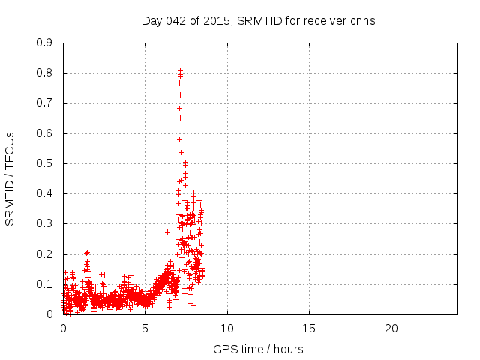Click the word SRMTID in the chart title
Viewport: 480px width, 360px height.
pos(257,21)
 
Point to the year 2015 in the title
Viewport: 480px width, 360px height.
pos(217,21)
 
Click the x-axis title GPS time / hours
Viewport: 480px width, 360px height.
pos(258,349)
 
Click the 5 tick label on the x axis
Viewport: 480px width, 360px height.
pos(145,328)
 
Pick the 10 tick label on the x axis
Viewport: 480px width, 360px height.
pos(227,328)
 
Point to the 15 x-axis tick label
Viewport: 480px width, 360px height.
pos(309,328)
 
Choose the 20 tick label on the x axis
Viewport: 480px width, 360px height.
pos(391,328)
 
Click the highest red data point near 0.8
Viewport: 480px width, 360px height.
pos(180,70)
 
